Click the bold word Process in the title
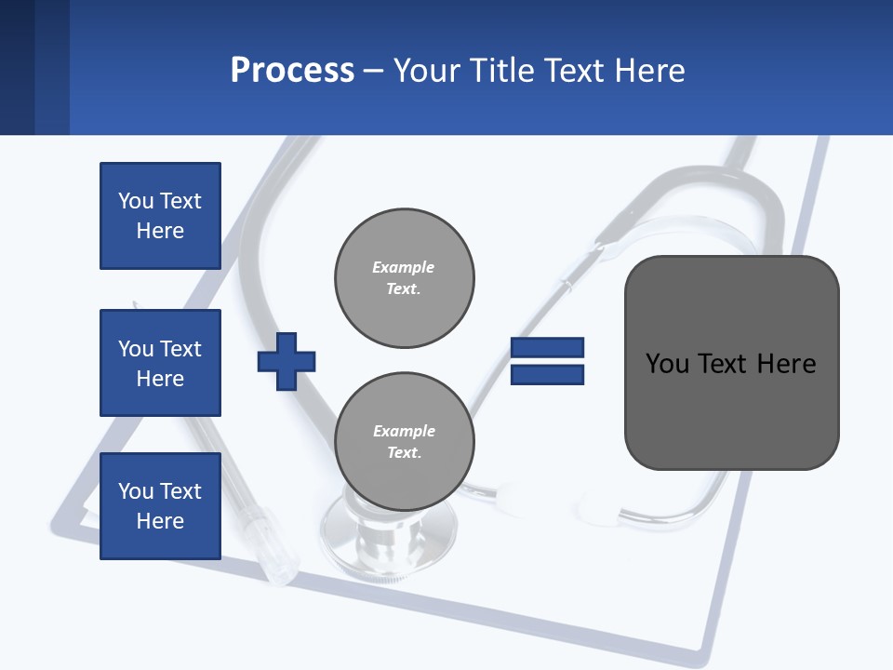292,71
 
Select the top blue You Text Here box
160,216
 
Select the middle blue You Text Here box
160,363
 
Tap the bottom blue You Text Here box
160,506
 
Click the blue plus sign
287,362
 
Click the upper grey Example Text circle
405,278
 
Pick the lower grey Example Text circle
405,442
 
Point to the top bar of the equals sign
547,348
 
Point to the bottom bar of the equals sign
547,375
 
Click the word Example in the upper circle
403,267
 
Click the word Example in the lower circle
404,431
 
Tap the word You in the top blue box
136,201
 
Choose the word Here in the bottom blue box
160,521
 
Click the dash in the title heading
374,71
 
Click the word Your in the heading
427,71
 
